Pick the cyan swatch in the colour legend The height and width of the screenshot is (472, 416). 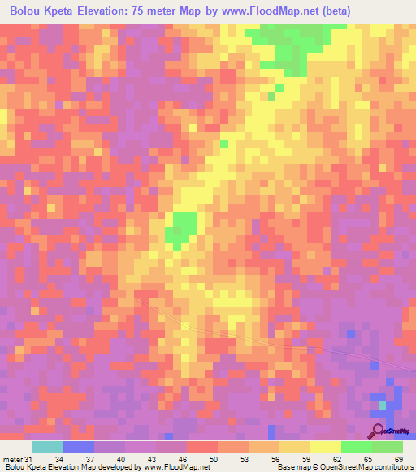tap(48, 447)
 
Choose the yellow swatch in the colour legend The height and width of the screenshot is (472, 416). tap(325, 447)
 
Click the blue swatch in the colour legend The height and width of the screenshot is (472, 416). tap(79, 447)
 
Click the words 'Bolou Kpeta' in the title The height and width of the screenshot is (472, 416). tap(42, 11)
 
